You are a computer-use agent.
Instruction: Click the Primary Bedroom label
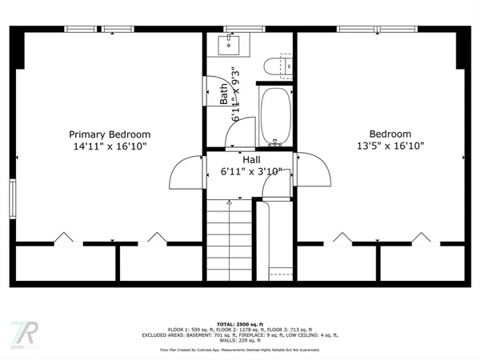109,134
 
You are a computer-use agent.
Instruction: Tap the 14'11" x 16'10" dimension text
109,146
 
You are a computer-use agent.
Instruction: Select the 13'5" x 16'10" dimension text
390,146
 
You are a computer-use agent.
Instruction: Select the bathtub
276,116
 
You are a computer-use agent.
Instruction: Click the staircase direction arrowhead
229,203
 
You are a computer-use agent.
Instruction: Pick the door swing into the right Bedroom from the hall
314,169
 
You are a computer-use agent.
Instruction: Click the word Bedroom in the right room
390,134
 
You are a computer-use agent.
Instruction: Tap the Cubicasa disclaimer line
240,350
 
